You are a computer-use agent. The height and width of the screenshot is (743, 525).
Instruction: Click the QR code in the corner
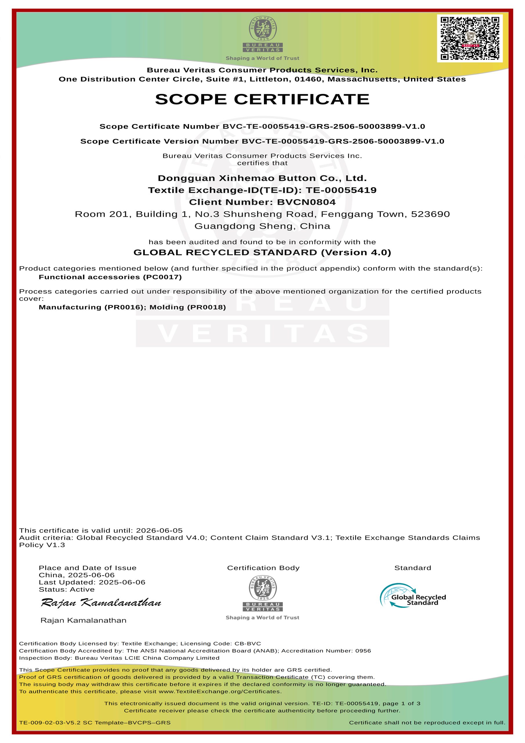point(470,38)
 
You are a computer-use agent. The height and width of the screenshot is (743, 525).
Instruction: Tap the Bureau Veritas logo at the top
point(263,34)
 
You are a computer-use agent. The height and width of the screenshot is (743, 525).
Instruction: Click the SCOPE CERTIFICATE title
point(262,99)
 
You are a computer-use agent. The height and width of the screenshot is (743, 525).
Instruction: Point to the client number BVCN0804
point(306,202)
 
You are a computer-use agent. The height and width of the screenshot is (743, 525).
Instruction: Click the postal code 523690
point(430,214)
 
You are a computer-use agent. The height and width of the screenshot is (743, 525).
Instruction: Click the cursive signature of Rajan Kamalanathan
point(101,603)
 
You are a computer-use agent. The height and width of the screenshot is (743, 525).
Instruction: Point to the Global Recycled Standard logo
point(413,596)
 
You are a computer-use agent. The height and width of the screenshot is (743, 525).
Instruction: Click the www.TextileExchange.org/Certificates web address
point(220,692)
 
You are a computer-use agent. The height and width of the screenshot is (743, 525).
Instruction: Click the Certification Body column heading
point(263,568)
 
